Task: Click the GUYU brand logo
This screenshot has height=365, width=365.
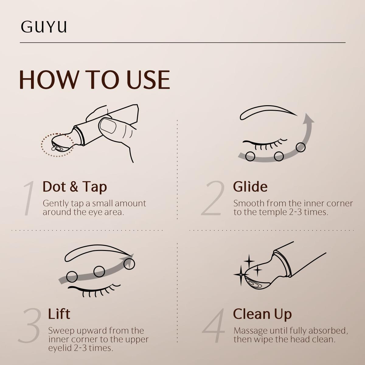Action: [x=44, y=26]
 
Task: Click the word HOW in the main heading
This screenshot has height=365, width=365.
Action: [x=48, y=80]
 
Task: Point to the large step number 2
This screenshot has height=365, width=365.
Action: [x=213, y=198]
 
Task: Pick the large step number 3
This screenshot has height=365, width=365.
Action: [x=30, y=325]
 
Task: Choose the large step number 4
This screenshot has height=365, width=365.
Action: [x=214, y=325]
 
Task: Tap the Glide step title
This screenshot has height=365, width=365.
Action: [x=250, y=187]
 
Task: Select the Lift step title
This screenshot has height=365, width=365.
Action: [x=59, y=314]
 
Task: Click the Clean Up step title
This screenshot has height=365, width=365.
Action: [x=262, y=315]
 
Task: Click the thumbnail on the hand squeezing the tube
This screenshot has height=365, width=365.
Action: [x=108, y=125]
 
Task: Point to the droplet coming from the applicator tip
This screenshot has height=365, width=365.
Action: [x=54, y=148]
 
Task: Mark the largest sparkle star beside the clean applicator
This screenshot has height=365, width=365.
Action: [x=241, y=274]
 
